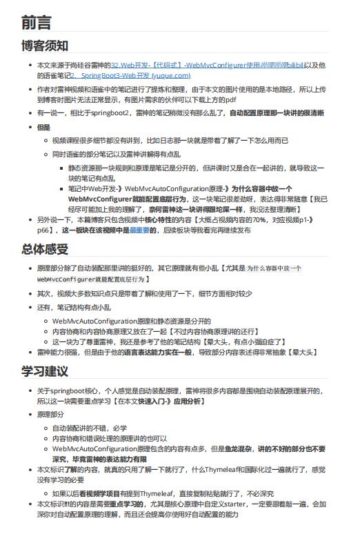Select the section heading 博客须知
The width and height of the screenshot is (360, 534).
coord(45,46)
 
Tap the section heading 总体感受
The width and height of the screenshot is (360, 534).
coord(45,249)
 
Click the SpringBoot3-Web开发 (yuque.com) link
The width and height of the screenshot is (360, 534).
coord(131,75)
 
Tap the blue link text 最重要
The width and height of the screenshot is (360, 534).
coord(140,230)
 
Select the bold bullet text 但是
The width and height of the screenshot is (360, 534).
coord(43,128)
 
